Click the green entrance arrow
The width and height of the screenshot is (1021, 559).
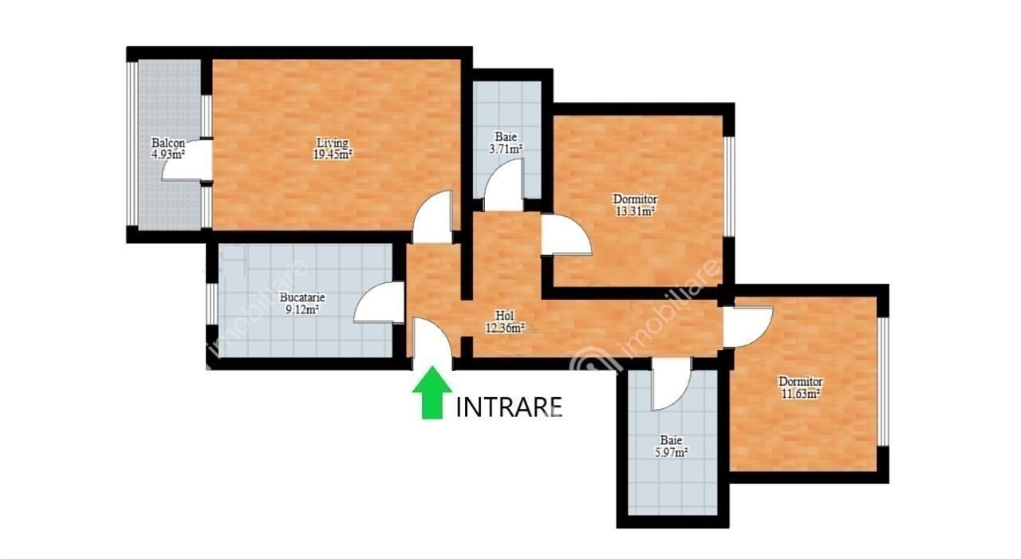tap(432, 392)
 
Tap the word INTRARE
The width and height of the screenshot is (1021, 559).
tap(509, 407)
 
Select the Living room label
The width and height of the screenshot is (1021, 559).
tap(333, 143)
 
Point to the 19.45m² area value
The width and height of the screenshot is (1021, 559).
tap(333, 155)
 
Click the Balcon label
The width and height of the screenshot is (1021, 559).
tap(168, 143)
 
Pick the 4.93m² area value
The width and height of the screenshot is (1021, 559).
tap(168, 154)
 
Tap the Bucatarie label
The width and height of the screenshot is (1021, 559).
tap(302, 297)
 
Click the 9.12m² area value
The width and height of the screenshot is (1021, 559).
tap(302, 309)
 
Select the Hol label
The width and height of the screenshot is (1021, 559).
tap(505, 315)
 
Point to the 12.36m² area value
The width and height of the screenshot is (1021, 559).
tap(505, 328)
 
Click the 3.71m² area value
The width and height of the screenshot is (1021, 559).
tap(506, 148)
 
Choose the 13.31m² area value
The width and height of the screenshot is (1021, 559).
tap(635, 211)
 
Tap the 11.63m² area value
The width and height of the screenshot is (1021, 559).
tap(801, 394)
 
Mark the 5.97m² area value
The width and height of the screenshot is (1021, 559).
tap(671, 453)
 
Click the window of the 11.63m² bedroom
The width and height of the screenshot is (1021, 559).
tap(883, 381)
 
